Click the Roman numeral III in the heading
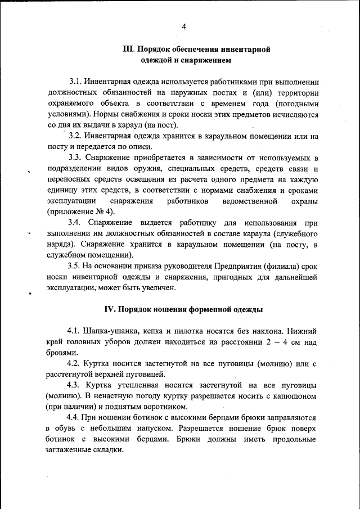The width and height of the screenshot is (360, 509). pos(129,49)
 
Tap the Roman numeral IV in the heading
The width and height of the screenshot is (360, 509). pos(110,309)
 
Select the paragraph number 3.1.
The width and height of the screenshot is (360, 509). pos(76,82)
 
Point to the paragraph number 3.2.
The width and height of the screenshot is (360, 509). pos(76,136)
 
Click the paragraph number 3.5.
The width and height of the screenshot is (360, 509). pos(76,266)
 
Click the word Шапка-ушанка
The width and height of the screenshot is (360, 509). pos(111,331)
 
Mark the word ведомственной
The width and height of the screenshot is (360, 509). pos(251,201)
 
